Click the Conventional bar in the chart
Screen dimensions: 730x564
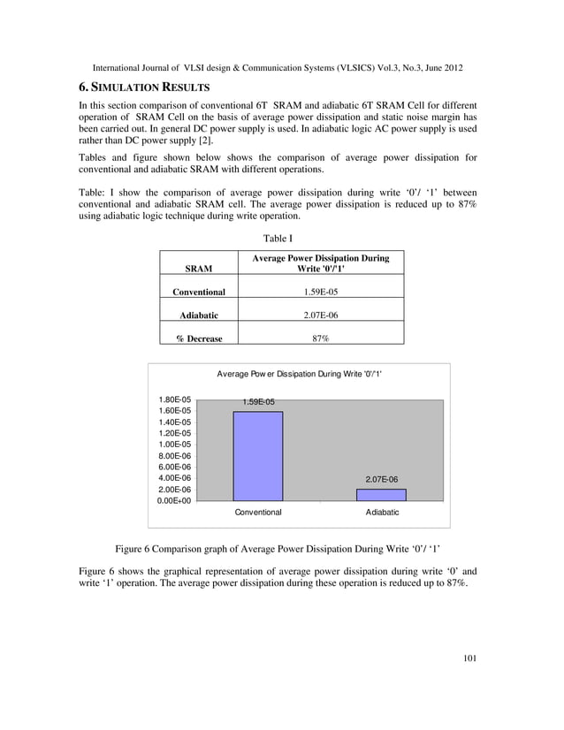257,455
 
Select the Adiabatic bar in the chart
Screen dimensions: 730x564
382,494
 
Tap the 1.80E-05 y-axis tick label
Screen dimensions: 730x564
175,399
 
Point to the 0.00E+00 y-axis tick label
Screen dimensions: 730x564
175,500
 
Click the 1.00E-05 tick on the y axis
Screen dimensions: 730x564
175,445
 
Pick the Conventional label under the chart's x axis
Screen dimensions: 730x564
257,513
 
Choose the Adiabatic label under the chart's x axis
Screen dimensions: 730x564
382,513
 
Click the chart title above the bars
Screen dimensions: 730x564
299,375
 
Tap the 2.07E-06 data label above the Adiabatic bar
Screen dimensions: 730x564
382,479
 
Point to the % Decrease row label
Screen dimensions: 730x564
198,338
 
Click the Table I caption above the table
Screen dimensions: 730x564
278,238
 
